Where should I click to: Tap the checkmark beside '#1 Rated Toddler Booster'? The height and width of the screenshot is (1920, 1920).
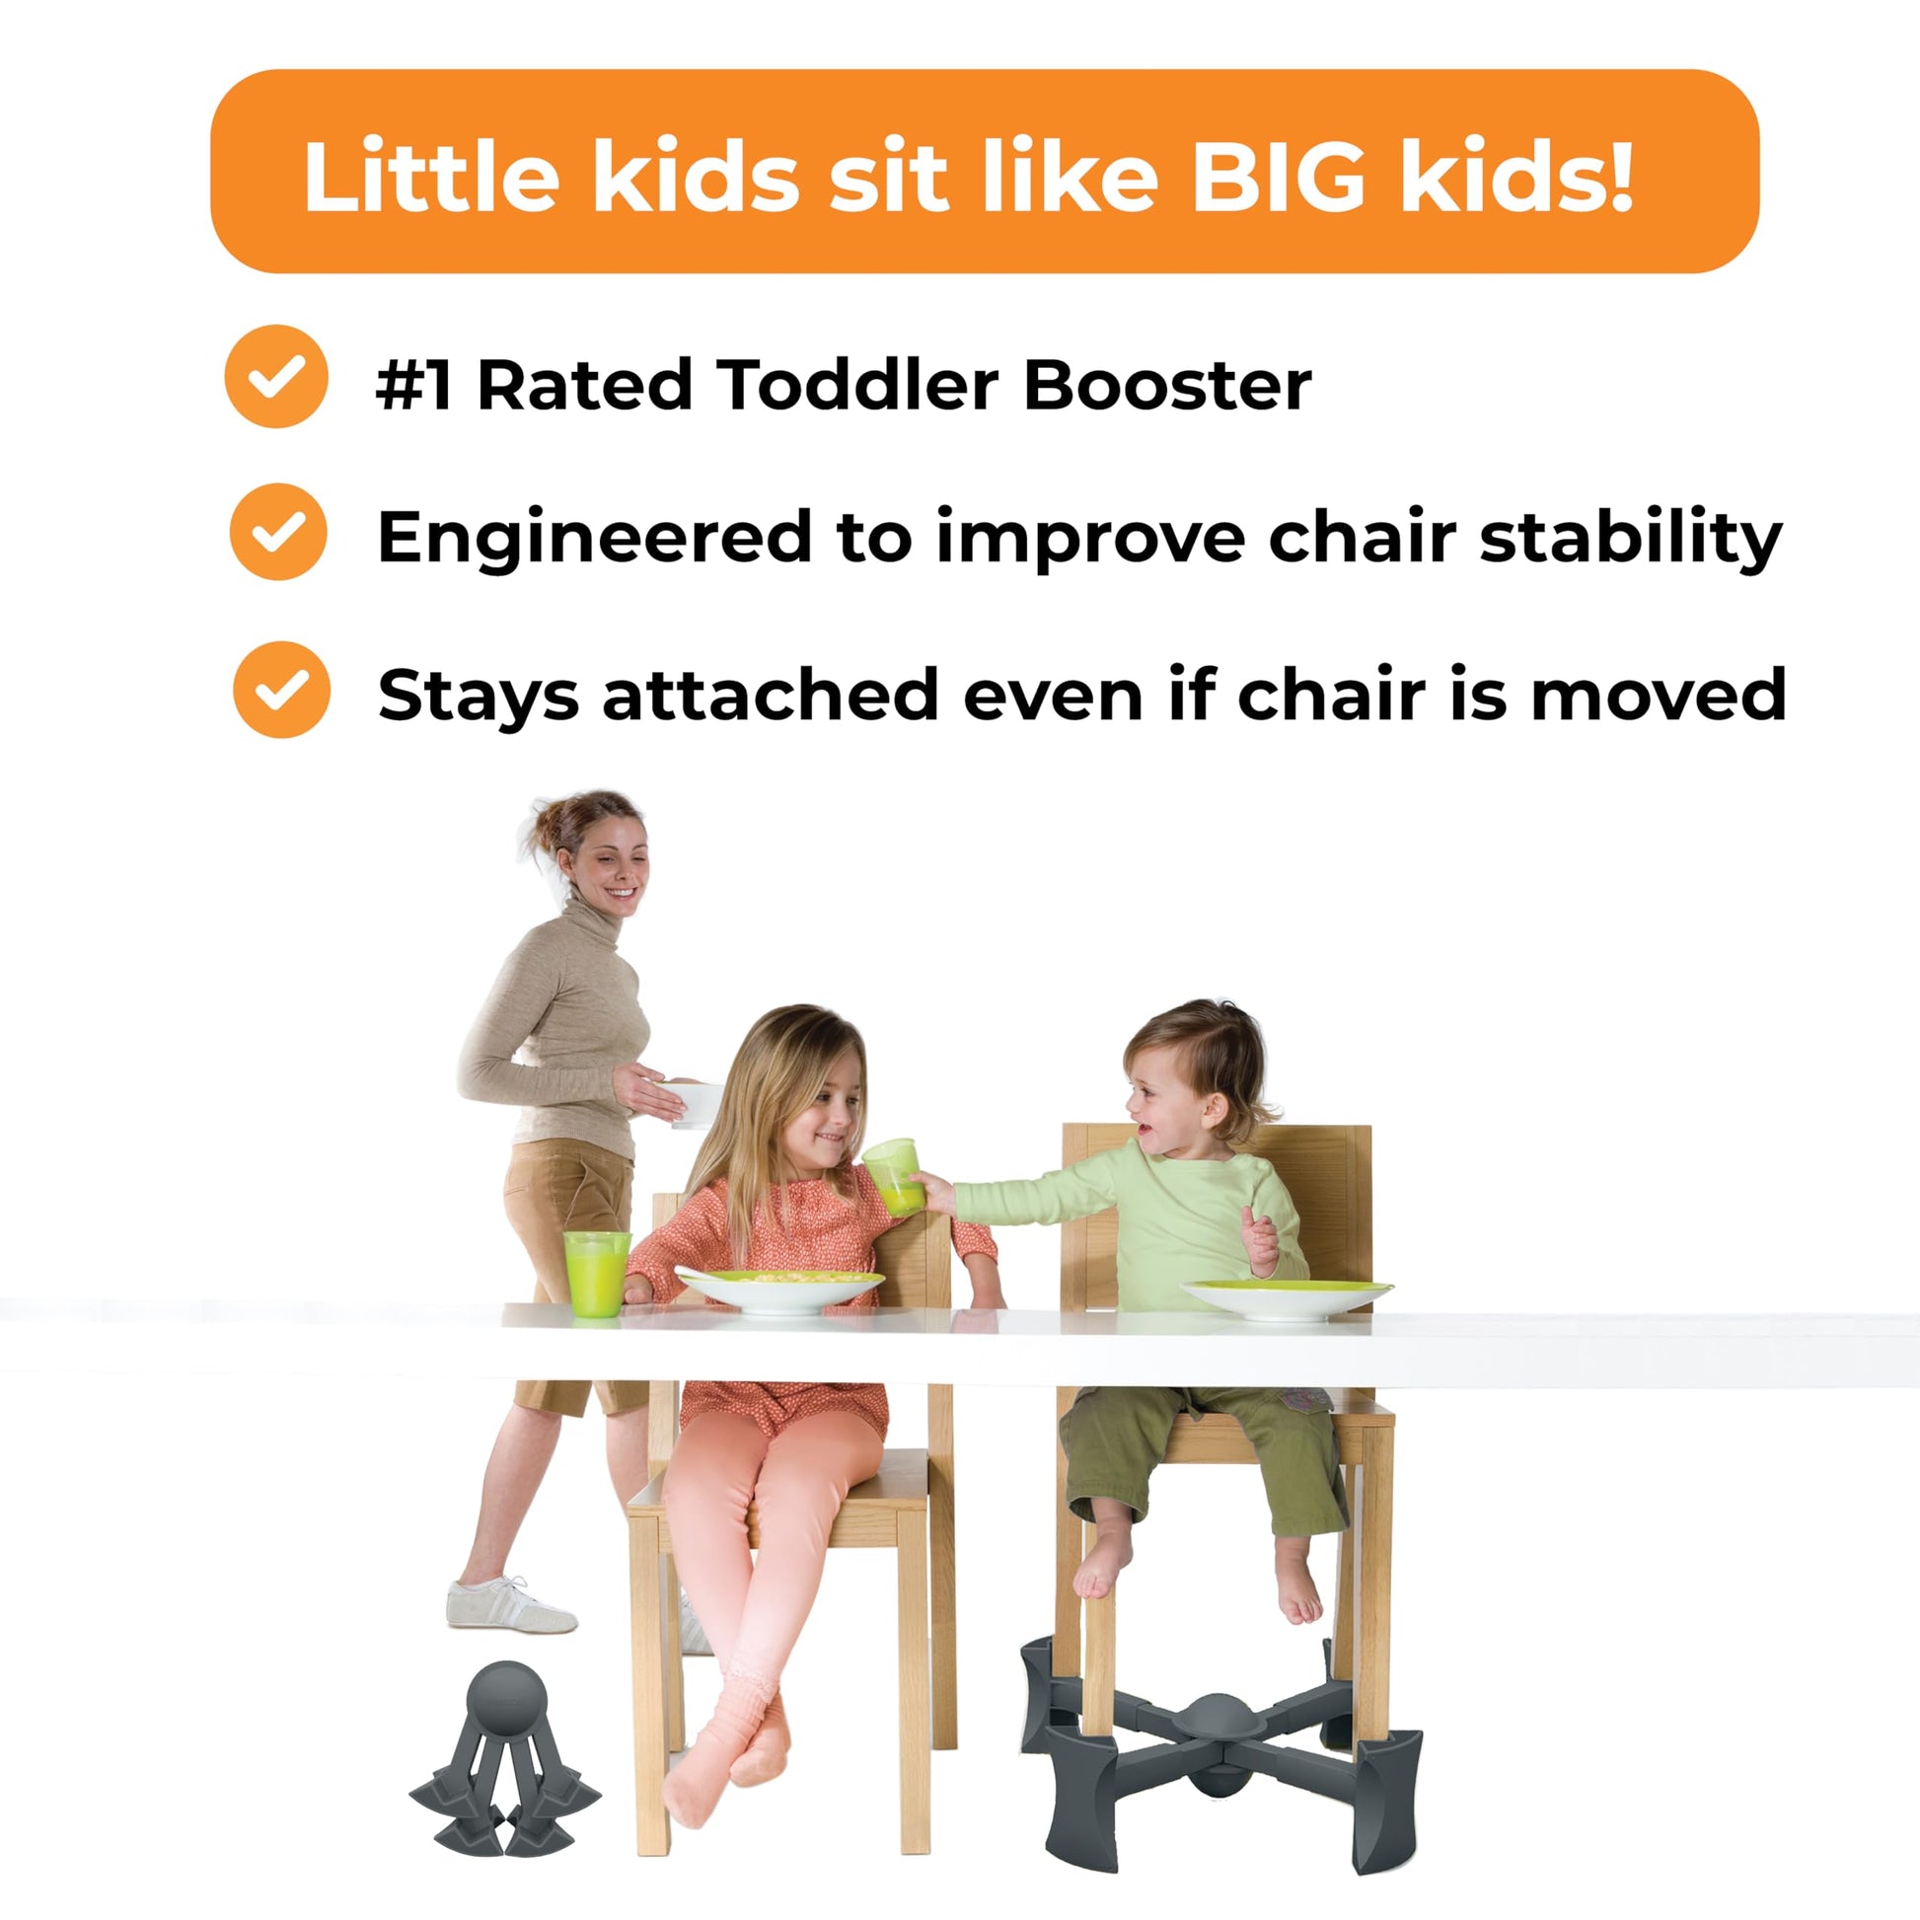(276, 377)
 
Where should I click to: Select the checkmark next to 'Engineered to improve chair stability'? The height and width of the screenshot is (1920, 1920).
(278, 532)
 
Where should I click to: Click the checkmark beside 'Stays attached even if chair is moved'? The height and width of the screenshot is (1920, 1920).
(281, 690)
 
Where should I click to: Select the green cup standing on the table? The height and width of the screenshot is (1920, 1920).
(596, 1273)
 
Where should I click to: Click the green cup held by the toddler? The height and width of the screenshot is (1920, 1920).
(890, 1177)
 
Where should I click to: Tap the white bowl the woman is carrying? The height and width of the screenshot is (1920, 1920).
(692, 1104)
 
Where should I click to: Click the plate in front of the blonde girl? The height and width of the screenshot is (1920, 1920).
(779, 1288)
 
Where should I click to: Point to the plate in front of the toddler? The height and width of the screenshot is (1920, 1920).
(1286, 1298)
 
